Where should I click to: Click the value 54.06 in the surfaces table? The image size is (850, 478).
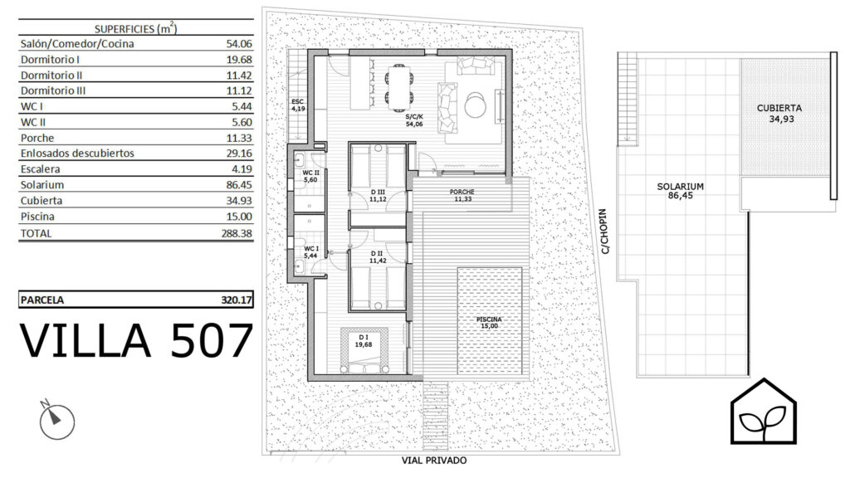tap(239, 44)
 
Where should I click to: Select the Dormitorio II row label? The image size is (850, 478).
tap(51, 76)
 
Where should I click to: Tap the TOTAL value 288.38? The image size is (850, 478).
tap(237, 233)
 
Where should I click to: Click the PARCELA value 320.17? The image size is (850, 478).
tap(237, 300)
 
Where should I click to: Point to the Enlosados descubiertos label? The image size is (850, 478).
tap(77, 154)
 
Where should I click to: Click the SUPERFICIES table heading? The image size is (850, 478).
tap(136, 29)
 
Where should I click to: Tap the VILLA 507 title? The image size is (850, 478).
tap(137, 340)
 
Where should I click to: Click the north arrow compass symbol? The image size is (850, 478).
tap(56, 419)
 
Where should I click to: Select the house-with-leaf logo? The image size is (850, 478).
tap(764, 412)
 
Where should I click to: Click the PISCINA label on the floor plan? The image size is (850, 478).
tap(489, 323)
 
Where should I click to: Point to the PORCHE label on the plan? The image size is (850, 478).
tap(462, 195)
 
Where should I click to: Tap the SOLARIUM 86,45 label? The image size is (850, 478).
tap(681, 191)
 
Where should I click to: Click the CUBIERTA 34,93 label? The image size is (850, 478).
tap(779, 113)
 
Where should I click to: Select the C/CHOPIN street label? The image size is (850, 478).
tap(604, 232)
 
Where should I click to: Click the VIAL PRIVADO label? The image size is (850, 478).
tap(434, 461)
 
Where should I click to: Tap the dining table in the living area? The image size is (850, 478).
tap(400, 86)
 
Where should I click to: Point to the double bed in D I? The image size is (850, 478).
tap(364, 351)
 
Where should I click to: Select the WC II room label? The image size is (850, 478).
tap(310, 176)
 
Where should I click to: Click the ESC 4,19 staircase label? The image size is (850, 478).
tap(298, 105)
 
